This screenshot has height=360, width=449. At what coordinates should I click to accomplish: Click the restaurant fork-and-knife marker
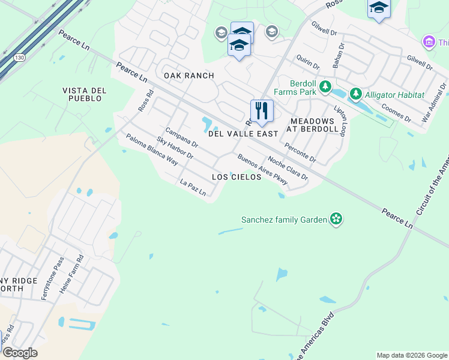[x=262, y=110]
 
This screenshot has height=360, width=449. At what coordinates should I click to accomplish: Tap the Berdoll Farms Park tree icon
[x=325, y=88]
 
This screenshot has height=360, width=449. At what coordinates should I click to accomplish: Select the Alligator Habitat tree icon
[x=356, y=95]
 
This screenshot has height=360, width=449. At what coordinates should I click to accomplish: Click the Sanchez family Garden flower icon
[x=337, y=220]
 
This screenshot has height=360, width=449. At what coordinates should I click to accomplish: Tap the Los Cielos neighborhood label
[x=237, y=177]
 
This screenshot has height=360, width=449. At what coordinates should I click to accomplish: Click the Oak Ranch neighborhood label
[x=188, y=76]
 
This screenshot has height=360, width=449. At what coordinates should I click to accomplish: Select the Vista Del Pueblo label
[x=84, y=94]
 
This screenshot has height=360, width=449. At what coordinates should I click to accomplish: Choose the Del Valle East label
[x=243, y=134]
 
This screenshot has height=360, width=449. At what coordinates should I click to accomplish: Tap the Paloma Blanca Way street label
[x=152, y=149]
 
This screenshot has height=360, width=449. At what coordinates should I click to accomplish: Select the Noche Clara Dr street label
[x=288, y=169]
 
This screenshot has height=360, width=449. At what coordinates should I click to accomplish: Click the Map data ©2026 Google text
[x=412, y=355]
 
